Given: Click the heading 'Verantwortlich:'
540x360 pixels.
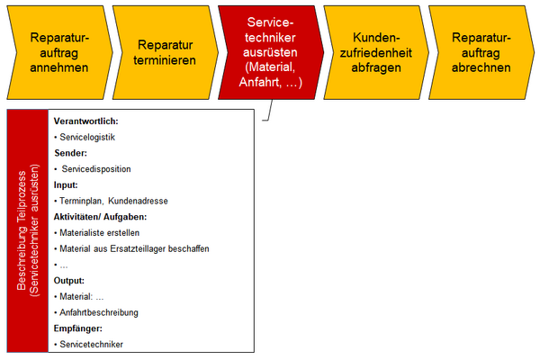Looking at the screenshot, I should pos(86,121).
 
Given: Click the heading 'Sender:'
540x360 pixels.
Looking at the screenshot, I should pos(71,153).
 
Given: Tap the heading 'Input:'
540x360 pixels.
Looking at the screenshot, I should pos(67,184).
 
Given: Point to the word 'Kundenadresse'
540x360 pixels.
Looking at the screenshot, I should pos(138,201).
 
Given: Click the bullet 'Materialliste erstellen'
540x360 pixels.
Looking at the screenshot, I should pos(100,232).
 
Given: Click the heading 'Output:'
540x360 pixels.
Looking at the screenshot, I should pos(70,280).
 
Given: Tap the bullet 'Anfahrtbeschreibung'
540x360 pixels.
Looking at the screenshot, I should pos(100,312).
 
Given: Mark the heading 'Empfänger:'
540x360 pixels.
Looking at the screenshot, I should pos(80,328).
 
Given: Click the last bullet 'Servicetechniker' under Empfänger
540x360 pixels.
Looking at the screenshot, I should pos(92,344).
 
